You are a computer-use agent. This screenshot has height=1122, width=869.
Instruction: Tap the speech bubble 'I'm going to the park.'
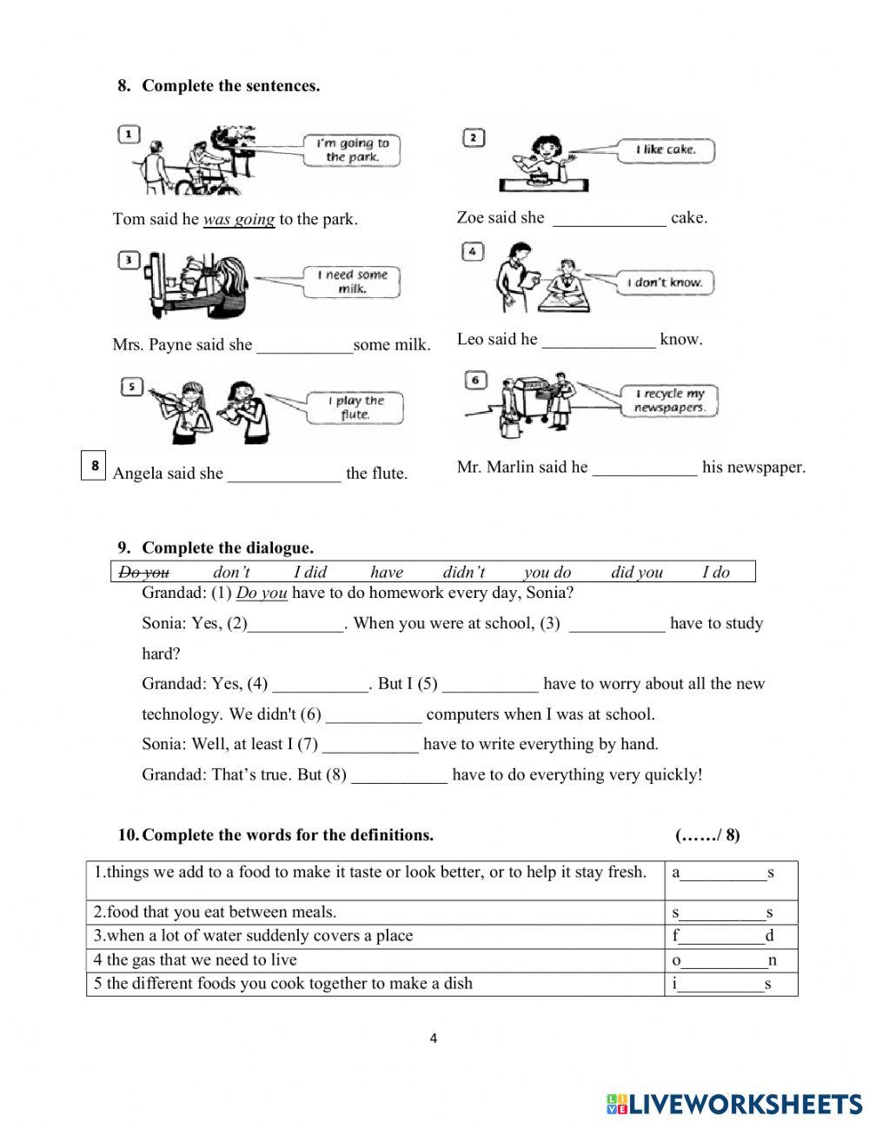coord(352,150)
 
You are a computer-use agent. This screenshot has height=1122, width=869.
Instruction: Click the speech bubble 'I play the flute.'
coord(355,408)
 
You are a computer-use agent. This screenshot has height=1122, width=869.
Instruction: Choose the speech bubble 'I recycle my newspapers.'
coord(669,401)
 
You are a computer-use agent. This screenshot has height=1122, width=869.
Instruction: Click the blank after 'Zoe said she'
coord(609,219)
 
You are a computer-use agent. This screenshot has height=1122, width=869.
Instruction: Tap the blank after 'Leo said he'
coord(598,341)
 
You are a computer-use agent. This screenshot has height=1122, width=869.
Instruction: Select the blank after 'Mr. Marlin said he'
coord(644,468)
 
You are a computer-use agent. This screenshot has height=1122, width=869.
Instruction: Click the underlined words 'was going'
coord(239,220)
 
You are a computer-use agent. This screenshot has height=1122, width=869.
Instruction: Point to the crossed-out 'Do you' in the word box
coord(144,572)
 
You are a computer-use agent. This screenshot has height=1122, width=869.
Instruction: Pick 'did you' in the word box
coord(636,572)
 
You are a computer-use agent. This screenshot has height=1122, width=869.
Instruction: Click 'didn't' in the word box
coord(463,572)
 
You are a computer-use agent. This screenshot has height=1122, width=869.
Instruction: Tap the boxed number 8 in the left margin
coord(94,465)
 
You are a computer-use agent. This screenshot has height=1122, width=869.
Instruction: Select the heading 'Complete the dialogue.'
coord(227,548)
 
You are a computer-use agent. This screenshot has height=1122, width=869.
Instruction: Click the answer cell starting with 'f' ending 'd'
coord(730,936)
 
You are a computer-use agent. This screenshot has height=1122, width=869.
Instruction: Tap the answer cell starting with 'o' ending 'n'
coord(730,960)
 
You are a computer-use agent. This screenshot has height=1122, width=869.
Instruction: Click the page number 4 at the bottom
coord(434,1038)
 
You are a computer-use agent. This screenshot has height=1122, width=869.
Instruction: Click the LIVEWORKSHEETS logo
coord(734,1104)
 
